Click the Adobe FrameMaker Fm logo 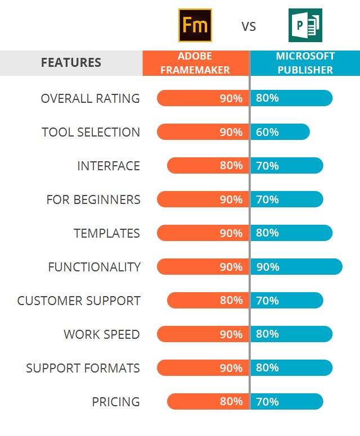(x=195, y=25)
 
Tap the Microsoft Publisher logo (x=305, y=25)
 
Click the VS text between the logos (x=249, y=26)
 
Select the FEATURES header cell (x=71, y=63)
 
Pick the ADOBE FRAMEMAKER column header (x=196, y=63)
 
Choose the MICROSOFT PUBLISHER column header (x=305, y=63)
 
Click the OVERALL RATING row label (x=90, y=98)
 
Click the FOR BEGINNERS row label (x=93, y=199)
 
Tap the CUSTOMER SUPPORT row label (x=79, y=301)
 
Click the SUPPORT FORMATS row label (x=83, y=368)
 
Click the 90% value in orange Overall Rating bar (x=231, y=98)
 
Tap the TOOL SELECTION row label (x=91, y=132)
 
